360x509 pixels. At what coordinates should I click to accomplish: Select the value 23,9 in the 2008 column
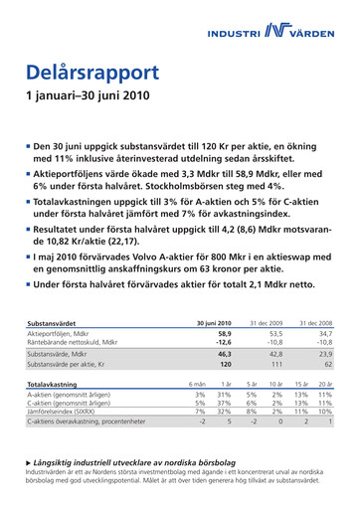coord(323,354)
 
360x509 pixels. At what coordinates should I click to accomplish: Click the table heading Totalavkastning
coord(54,383)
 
